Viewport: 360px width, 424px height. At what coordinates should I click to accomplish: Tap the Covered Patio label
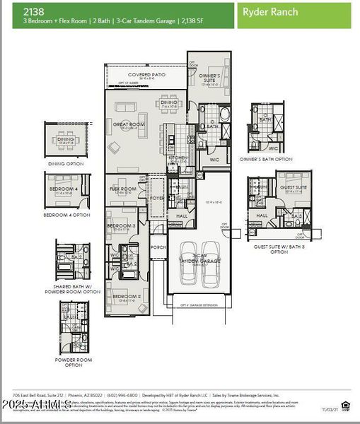pos(146,74)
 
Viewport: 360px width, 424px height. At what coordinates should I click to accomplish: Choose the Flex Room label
pos(123,189)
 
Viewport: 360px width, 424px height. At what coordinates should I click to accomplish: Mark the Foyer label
pos(157,199)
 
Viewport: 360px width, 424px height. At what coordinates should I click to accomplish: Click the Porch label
pos(158,247)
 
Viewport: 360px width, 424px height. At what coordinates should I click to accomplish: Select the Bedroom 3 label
pos(121,225)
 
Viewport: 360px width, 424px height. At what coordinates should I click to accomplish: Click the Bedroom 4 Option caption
pos(66,214)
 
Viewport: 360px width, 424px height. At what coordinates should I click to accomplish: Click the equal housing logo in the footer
pos(345,404)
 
